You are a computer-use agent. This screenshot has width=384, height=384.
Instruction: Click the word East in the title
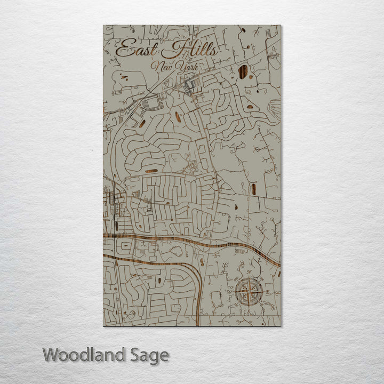click(136, 50)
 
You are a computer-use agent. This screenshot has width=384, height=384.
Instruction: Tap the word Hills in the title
click(190, 50)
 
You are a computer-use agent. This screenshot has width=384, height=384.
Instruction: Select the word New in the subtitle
click(162, 67)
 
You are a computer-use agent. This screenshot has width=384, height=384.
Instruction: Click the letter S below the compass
click(249, 310)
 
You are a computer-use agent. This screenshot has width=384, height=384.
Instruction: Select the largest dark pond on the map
click(243, 71)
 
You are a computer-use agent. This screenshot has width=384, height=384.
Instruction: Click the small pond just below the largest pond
click(250, 107)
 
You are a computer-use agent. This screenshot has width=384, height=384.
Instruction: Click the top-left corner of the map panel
click(103, 25)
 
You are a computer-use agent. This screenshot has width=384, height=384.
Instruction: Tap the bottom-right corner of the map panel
click(281, 325)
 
